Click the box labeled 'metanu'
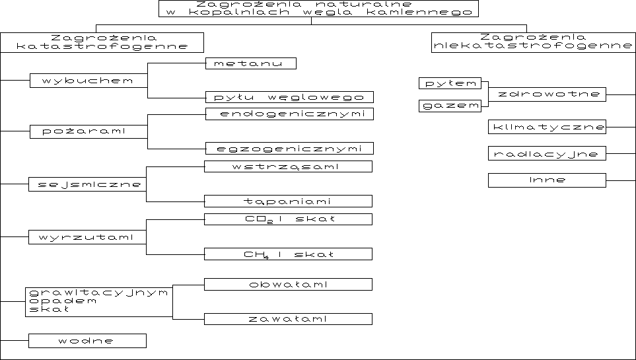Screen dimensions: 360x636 pos(251,63)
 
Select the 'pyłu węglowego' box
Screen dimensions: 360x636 pos(289,97)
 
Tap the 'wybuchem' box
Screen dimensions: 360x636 pos(88,81)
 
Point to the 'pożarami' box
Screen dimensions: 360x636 pos(88,131)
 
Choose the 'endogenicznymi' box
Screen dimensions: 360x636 pos(289,114)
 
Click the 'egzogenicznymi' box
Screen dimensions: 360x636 pos(289,148)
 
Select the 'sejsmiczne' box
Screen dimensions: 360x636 pos(87,184)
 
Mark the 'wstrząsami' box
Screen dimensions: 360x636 pos(288,166)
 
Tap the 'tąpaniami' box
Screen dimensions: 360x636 pos(288,201)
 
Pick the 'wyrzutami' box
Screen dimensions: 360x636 pos(87,236)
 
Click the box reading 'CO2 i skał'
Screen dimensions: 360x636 pos(288,219)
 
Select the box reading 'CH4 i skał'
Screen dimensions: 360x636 pos(288,254)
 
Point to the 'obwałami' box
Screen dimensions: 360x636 pos(288,285)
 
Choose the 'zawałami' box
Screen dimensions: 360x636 pos(288,319)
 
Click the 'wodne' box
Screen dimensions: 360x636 pos(87,341)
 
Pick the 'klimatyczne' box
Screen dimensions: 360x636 pos(547,126)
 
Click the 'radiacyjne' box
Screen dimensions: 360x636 pos(547,154)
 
